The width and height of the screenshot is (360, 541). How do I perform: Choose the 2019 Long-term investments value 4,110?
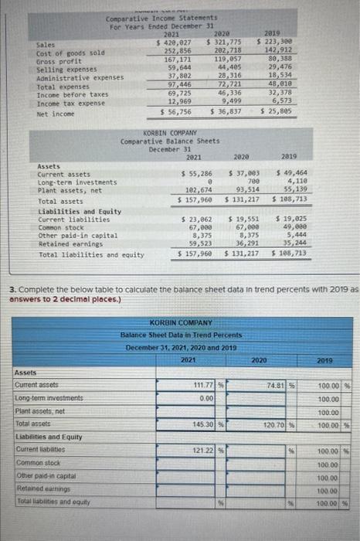(x=294, y=182)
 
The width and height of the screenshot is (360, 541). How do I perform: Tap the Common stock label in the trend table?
(x=35, y=463)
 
